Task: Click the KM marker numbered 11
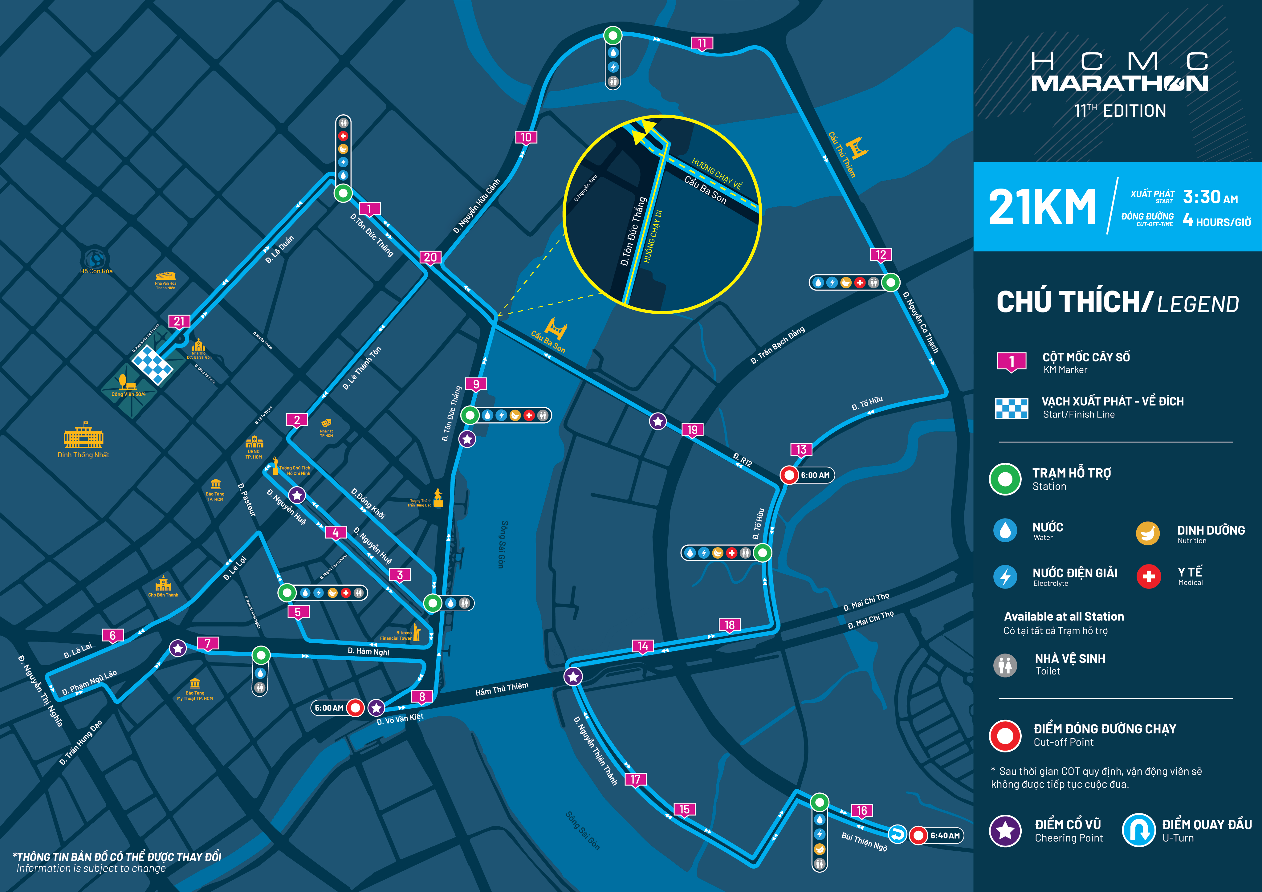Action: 702,43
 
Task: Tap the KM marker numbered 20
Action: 430,257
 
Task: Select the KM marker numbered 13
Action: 801,450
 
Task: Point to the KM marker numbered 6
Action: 113,636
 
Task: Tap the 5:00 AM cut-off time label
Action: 329,708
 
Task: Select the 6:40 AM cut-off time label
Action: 945,835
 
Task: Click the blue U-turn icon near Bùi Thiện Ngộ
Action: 897,834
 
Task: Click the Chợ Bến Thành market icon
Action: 163,583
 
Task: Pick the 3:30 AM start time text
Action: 1210,197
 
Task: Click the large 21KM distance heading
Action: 1042,207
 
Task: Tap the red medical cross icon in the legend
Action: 1148,576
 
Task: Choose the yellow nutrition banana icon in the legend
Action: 1148,533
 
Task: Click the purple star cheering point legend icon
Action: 1005,830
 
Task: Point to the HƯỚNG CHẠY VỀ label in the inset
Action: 717,174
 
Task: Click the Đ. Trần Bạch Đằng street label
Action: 778,344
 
